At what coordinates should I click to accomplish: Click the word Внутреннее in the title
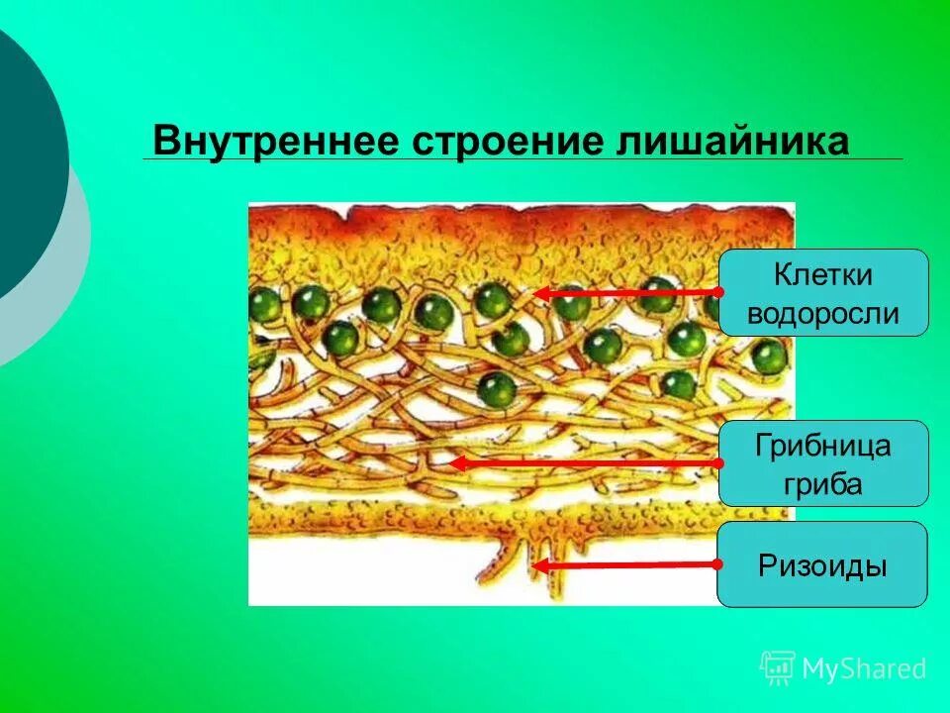click(x=273, y=142)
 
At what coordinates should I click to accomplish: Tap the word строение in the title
click(x=501, y=142)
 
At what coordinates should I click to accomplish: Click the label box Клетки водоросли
click(x=823, y=293)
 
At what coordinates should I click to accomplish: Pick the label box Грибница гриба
click(x=823, y=463)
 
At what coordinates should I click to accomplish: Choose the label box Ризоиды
click(x=822, y=564)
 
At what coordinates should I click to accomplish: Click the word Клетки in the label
click(x=823, y=274)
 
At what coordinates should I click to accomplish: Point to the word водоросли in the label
click(x=823, y=314)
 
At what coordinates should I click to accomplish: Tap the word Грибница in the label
click(x=823, y=445)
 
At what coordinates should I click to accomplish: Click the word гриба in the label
click(x=823, y=485)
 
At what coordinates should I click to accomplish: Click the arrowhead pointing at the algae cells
click(x=540, y=293)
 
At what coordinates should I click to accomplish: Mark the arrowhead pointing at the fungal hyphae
click(x=456, y=462)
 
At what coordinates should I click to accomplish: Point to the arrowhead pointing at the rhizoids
click(x=539, y=565)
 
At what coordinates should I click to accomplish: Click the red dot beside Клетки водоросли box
click(x=719, y=292)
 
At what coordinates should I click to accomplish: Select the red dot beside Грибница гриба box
click(x=719, y=462)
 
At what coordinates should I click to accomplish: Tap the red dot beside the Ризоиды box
click(x=719, y=563)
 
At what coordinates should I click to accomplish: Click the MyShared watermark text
click(x=864, y=669)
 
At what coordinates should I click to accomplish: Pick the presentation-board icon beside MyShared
click(x=778, y=667)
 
